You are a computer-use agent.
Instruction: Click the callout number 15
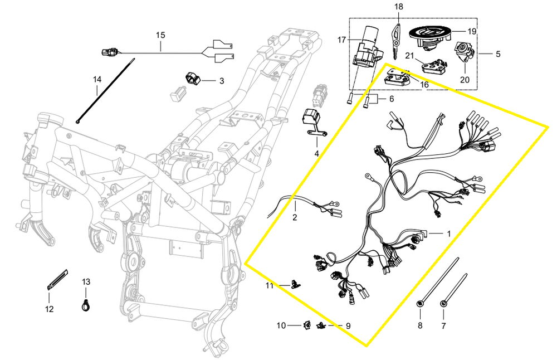[160, 35]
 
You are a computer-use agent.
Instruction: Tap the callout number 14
[97, 79]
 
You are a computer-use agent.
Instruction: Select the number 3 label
[221, 81]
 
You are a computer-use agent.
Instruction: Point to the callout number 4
[316, 153]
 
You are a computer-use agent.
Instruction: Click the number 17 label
[341, 40]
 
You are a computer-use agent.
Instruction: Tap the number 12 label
[49, 309]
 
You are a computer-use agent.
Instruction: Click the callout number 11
[270, 286]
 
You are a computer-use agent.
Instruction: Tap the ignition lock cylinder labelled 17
[368, 47]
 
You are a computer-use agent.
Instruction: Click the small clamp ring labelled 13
[86, 304]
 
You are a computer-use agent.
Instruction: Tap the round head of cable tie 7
[444, 303]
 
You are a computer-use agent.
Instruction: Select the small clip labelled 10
[306, 324]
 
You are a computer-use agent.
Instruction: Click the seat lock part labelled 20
[463, 52]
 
